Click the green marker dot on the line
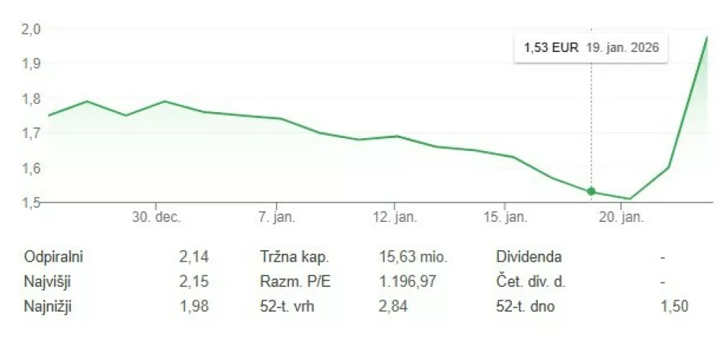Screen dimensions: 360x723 point(591,192)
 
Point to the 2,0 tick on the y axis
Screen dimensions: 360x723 point(31,29)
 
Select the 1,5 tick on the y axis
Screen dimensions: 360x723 point(31,202)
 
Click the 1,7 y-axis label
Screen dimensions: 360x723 point(31,133)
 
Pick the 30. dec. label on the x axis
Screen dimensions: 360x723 point(156,218)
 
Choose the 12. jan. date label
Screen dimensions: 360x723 point(395,218)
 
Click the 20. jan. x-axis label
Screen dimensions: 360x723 point(621,218)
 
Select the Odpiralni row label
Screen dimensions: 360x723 point(54,257)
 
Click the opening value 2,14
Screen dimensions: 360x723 point(194,257)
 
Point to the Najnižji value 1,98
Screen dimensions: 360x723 point(194,307)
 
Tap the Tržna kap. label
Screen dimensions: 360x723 point(294,257)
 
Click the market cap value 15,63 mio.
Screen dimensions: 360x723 point(414,257)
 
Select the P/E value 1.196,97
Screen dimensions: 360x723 point(408,282)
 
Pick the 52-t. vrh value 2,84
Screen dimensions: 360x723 point(393,307)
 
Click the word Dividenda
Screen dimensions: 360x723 point(529,257)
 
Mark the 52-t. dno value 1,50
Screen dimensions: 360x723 point(675,307)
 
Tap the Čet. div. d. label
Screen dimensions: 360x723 point(531,282)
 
